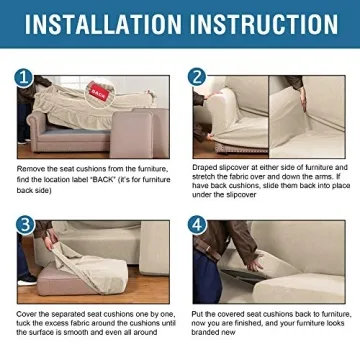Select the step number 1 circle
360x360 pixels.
(x=24, y=77)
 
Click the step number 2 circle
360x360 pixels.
(x=196, y=77)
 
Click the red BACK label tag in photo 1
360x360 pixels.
(x=97, y=91)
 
